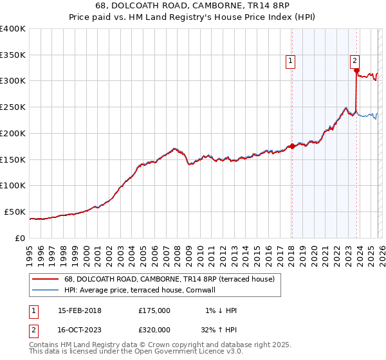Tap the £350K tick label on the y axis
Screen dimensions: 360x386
13,55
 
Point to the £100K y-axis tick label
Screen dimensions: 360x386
13,186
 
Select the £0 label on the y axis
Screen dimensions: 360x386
21,238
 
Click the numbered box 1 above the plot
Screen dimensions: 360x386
291,61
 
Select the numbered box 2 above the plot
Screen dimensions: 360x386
354,61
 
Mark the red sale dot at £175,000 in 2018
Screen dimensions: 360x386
291,146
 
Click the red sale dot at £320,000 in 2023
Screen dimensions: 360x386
356,71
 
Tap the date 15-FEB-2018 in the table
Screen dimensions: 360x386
79,310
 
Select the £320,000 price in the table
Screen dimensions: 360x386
154,330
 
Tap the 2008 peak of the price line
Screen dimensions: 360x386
174,148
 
